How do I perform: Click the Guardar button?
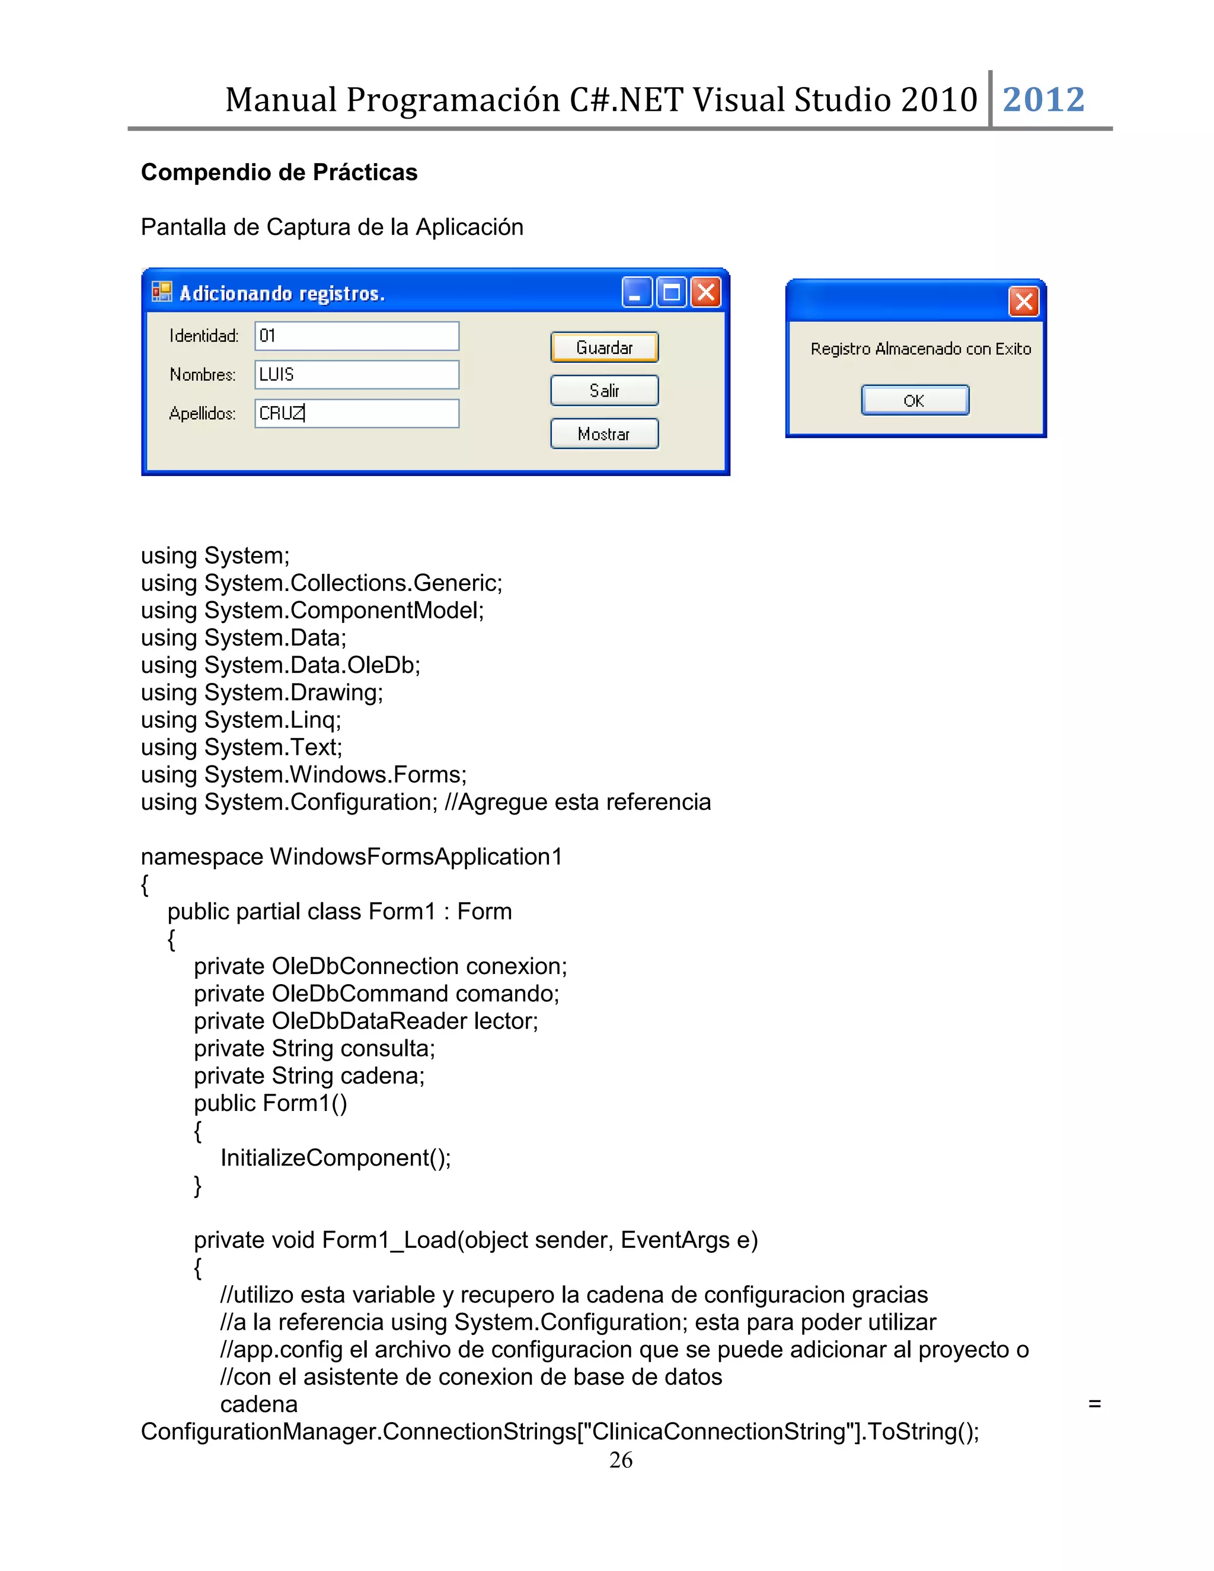pos(604,347)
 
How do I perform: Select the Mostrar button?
pos(604,434)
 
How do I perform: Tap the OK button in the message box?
pos(915,401)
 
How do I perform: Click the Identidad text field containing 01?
pos(357,336)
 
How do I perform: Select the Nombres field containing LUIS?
pos(357,375)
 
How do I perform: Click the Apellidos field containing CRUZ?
pos(357,414)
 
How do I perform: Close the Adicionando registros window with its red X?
pos(706,293)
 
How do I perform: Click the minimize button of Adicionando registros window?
pos(637,293)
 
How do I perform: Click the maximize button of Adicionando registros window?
pos(672,293)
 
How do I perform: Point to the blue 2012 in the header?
pos(1043,99)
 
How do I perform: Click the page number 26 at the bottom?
pos(621,1460)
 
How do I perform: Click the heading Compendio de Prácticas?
pos(279,173)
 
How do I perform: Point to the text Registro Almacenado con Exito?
pos(921,349)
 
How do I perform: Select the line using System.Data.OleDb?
pos(280,665)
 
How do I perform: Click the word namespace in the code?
pos(202,857)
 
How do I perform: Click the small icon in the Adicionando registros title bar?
pos(162,292)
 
